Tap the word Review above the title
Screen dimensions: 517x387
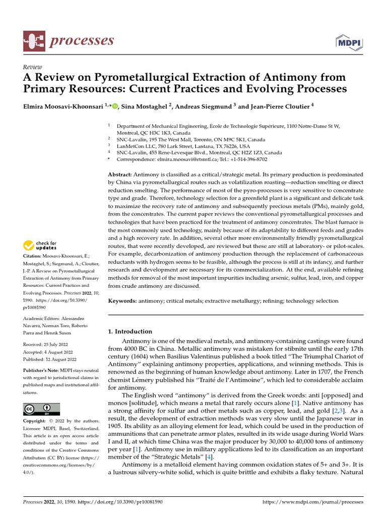(x=33, y=67)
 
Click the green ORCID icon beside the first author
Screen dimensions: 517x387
(x=115, y=106)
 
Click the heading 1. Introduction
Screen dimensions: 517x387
(x=130, y=332)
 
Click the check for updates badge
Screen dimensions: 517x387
(x=40, y=246)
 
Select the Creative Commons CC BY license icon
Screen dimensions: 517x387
(x=41, y=409)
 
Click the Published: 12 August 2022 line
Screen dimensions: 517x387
(x=50, y=359)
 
